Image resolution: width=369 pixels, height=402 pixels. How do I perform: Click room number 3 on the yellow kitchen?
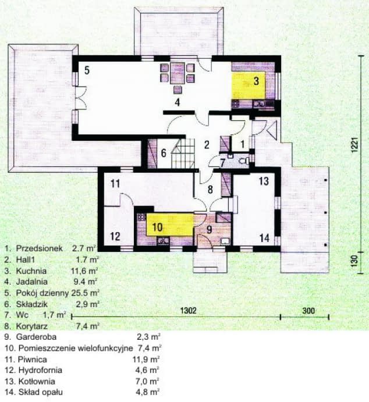[x=256, y=81]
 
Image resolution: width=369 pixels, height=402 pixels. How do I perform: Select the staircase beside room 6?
[x=185, y=155]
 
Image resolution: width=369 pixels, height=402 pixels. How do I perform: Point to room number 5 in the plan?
[x=86, y=71]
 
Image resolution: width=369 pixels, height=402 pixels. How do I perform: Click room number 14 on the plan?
[x=264, y=237]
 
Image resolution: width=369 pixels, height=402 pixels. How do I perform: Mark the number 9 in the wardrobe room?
[x=204, y=229]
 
